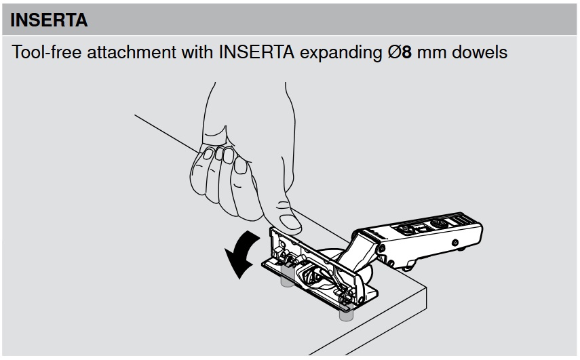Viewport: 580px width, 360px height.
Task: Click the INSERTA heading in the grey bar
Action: (49, 20)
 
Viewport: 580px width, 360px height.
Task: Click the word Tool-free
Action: (47, 52)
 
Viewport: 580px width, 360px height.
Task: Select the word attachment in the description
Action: (132, 52)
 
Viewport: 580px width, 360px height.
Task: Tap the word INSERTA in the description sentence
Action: (256, 52)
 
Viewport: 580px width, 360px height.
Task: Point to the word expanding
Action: (341, 53)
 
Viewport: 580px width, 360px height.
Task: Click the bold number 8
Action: (406, 52)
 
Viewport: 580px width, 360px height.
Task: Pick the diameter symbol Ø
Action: (395, 52)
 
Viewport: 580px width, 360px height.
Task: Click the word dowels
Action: (480, 52)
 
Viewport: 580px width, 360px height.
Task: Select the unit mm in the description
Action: (431, 54)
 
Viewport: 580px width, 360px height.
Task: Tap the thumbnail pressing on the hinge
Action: (290, 222)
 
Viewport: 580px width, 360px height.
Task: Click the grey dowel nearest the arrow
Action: (287, 276)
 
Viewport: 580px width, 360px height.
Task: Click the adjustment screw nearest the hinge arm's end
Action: (440, 224)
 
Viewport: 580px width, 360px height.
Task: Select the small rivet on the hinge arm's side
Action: (455, 243)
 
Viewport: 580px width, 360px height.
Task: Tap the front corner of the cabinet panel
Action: (427, 287)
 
